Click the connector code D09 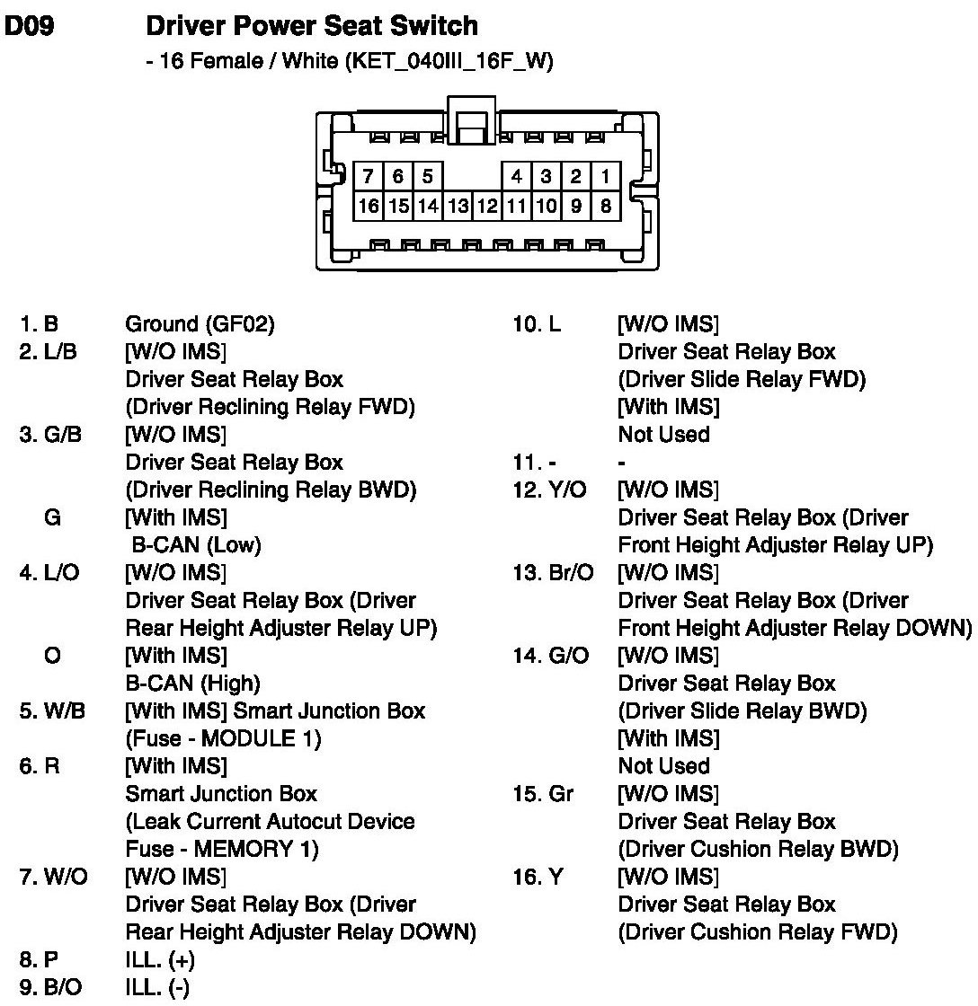[x=30, y=27]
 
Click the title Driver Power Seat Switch [x=311, y=26]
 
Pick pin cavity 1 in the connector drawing [x=606, y=176]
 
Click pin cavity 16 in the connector [x=369, y=206]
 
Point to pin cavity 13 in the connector [x=458, y=206]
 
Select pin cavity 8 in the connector [x=606, y=206]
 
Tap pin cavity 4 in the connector [x=517, y=176]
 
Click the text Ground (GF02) [x=200, y=324]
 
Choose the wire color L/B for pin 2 [x=60, y=352]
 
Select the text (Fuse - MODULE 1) [x=223, y=739]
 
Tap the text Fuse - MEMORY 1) [x=222, y=849]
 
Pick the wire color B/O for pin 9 [x=62, y=988]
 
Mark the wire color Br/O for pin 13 [x=570, y=573]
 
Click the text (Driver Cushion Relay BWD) [x=758, y=849]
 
